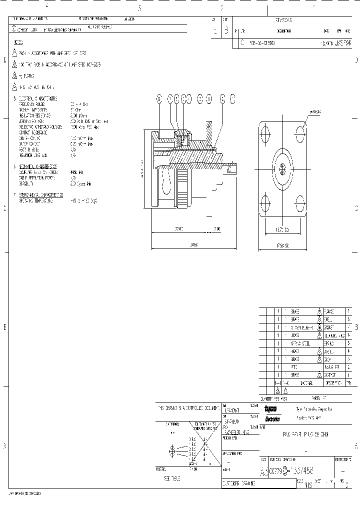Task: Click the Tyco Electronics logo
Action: coord(272,413)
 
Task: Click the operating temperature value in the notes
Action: coord(83,200)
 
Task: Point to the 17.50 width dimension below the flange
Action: coord(282,246)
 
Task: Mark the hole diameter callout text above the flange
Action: coord(315,111)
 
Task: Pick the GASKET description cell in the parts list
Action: coord(331,327)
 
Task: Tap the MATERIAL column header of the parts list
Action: coord(303,383)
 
